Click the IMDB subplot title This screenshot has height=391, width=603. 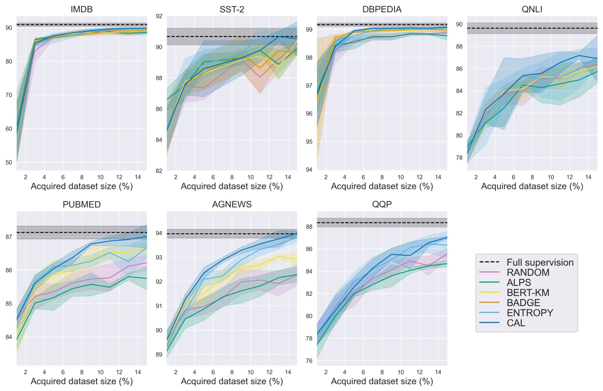coord(81,10)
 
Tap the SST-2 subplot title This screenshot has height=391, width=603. coord(232,10)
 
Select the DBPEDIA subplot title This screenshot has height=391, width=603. coord(382,10)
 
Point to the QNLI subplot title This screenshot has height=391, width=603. coord(532,10)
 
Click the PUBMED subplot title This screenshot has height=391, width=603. coord(81,205)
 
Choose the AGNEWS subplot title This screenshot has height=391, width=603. coord(232,205)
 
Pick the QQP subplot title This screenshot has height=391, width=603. coord(382,205)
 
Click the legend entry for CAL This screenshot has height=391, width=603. coord(516,323)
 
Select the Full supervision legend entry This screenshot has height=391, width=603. coord(540,263)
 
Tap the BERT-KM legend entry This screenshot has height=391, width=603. coord(528,293)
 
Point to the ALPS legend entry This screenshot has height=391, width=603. coord(519,283)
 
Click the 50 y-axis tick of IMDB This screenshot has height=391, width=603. coord(8,163)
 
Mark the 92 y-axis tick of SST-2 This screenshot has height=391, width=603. coord(159,16)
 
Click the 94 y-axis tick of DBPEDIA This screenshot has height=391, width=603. coord(309,170)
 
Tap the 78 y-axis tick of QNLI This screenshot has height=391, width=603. coord(459,158)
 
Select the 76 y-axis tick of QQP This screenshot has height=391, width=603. coord(309,361)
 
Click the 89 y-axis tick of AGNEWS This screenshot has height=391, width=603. coord(159,355)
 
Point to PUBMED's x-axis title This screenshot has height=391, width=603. coord(81,381)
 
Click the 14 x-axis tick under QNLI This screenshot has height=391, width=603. coord(588,177)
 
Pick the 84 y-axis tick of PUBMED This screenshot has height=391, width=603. coord(8,337)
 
